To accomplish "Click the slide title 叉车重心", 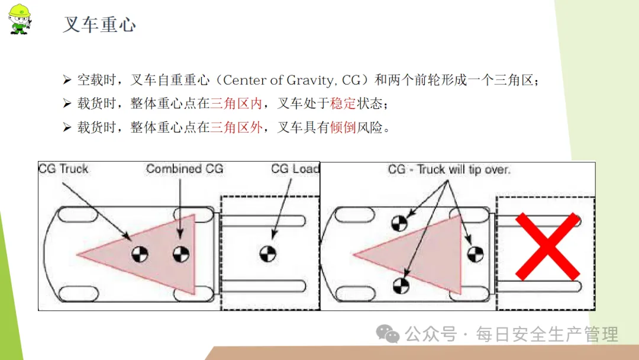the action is pos(99,24).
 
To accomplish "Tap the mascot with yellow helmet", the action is pos(19,19).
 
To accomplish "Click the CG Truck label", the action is pos(63,169).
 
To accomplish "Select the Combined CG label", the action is pos(185,169).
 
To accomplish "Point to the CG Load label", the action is pos(295,169).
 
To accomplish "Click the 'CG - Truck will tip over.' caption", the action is pos(449,169).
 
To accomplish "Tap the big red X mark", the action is pos(547,247).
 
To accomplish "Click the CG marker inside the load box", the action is pos(268,253).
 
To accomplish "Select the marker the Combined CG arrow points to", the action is pos(181,254).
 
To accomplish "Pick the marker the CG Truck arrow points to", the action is pos(140,254).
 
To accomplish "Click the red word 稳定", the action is pos(343,104).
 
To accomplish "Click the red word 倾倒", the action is pos(343,128).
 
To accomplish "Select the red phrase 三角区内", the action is pos(236,104).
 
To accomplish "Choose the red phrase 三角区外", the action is pos(236,128).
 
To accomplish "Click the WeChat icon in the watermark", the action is pos(387,334).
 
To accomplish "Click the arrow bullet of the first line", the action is pos(67,80).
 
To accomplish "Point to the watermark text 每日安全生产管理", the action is pos(547,335).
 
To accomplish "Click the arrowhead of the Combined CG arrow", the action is pos(180,234).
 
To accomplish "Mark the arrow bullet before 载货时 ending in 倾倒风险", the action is pos(67,128).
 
